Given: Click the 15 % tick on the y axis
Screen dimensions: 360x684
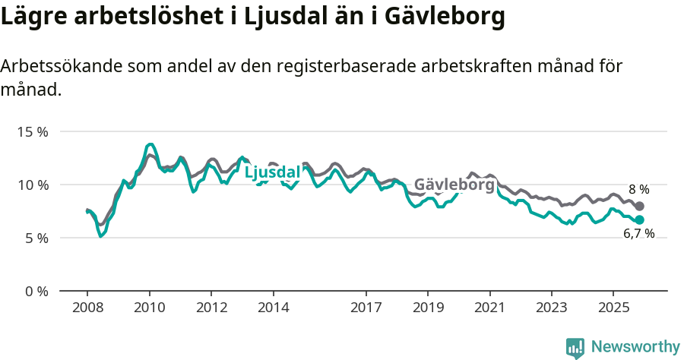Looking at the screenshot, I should pos(32,131).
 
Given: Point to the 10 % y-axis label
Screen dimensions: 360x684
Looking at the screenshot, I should pos(32,185).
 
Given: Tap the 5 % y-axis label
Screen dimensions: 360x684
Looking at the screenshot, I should pos(35,238).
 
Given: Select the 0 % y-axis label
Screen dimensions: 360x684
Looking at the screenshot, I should pos(35,291).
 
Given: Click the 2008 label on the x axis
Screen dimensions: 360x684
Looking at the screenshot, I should pos(87,308).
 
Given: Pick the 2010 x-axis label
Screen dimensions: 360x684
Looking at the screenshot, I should pos(150,308).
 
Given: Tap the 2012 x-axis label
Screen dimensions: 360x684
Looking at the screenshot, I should pos(211,308).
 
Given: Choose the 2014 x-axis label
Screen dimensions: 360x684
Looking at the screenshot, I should pos(274,308).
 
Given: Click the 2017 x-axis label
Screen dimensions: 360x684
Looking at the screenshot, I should pos(366,308).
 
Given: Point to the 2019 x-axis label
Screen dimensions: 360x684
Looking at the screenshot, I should pos(428,308).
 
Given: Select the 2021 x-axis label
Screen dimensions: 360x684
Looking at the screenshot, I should pos(490,308).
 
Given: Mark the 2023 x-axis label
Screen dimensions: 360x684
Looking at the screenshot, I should pos(552,308).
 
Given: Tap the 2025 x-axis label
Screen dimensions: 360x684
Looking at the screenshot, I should pos(613,308).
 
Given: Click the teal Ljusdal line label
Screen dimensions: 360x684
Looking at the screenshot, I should pos(272,173).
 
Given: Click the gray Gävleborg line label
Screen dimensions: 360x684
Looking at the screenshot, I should pos(454,185).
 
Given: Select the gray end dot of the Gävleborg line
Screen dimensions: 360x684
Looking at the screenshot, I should pos(640,207).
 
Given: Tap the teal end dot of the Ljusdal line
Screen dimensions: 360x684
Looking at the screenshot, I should pos(640,219).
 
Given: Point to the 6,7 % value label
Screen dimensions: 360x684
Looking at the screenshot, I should pos(638,234).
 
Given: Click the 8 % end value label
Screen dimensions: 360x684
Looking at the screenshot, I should pos(638,190).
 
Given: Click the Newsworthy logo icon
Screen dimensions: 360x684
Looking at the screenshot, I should pos(575,348).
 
